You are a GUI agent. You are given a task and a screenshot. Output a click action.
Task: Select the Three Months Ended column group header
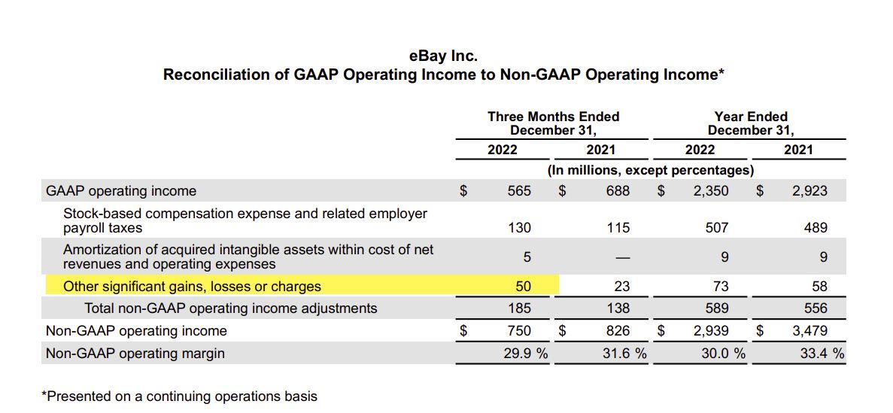click(553, 123)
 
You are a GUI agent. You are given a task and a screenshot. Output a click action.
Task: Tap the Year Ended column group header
click(750, 123)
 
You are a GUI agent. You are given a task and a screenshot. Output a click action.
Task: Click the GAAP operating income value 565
click(519, 191)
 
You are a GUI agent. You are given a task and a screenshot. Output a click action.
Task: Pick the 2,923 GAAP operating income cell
click(809, 191)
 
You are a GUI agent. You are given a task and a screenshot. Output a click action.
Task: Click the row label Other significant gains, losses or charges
click(192, 287)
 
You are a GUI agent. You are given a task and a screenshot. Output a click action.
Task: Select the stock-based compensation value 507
click(716, 228)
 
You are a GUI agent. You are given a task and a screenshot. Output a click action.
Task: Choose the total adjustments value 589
click(716, 308)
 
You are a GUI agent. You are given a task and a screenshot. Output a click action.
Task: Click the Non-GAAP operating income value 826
click(618, 331)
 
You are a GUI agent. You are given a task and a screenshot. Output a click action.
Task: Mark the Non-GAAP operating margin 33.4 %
click(822, 354)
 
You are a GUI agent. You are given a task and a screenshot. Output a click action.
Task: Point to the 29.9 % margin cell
click(525, 354)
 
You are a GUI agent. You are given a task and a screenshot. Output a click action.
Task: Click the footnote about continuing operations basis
click(182, 396)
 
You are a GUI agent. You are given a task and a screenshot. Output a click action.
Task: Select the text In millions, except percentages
click(651, 170)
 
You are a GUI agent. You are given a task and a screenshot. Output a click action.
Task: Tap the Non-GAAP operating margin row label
click(135, 354)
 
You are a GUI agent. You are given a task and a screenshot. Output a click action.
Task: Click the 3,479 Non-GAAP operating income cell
click(809, 331)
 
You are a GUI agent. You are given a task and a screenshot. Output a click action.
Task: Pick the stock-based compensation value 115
click(618, 228)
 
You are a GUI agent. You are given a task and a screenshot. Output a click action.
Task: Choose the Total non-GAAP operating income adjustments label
click(230, 308)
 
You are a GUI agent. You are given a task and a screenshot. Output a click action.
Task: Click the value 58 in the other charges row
click(819, 287)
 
